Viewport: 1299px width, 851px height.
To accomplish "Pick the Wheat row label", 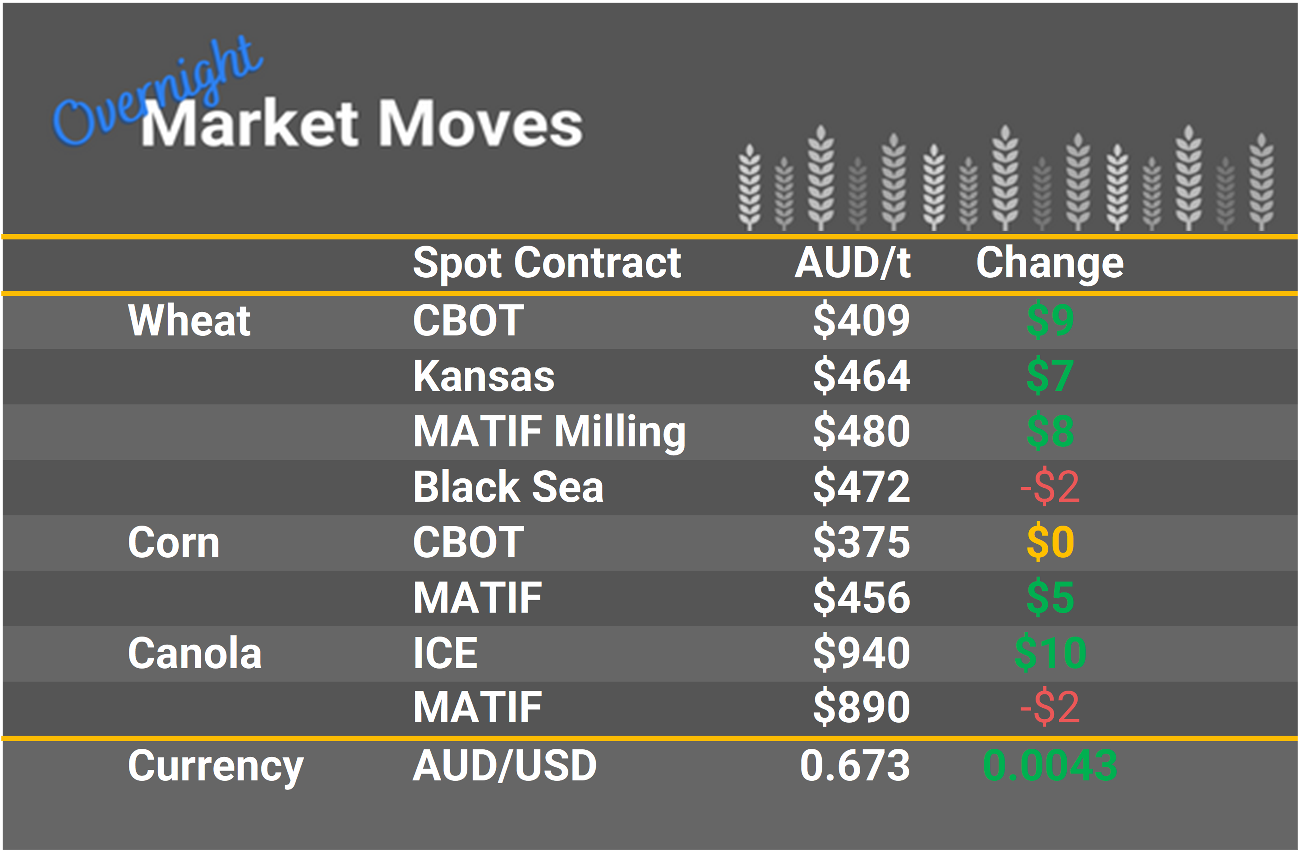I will [189, 321].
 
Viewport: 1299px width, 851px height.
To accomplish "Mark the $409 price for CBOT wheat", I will [861, 321].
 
